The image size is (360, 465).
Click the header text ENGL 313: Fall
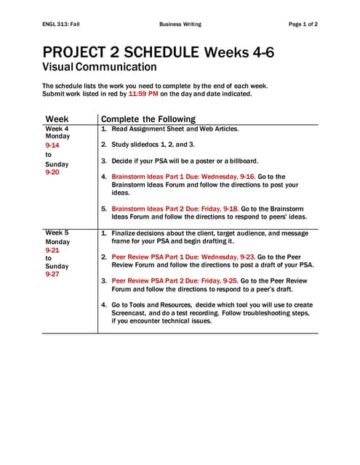pos(61,24)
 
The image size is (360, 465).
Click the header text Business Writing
pos(180,24)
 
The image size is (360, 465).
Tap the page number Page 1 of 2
pos(303,24)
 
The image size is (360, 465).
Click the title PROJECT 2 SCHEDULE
pos(121,52)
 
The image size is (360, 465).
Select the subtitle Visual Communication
pos(100,68)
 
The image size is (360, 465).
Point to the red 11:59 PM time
pos(143,94)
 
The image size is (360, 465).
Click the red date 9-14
pos(52,145)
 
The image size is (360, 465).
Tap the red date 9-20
pos(52,173)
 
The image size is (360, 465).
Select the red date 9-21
pos(52,249)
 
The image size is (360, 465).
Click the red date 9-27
pos(52,275)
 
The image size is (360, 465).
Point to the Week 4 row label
pos(58,129)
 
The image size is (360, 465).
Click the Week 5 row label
pos(58,232)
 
